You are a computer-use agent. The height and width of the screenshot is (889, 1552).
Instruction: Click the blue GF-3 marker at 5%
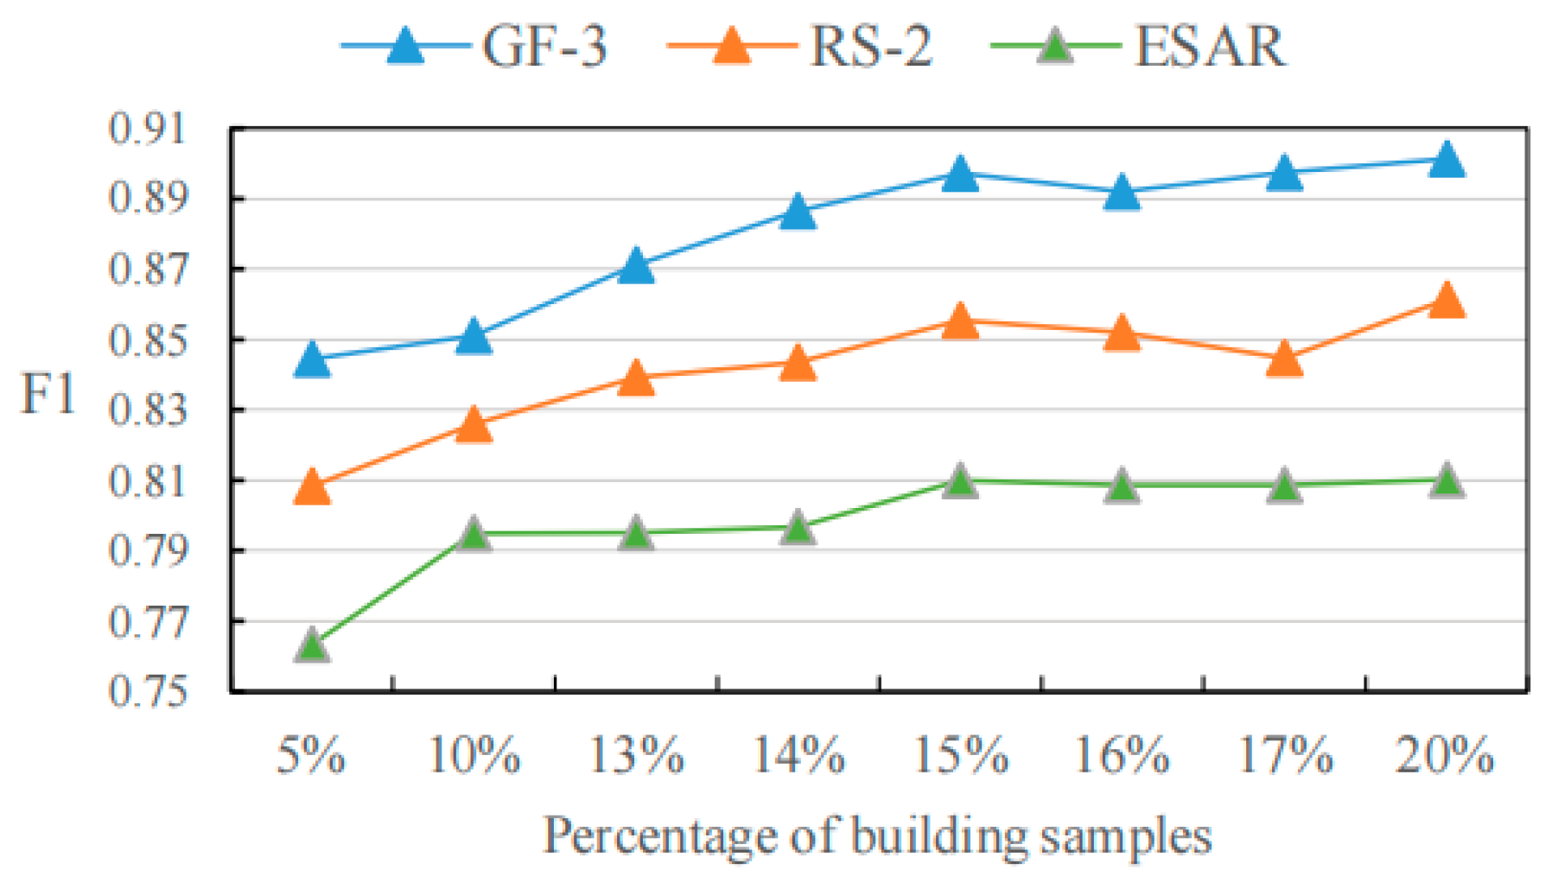(x=312, y=359)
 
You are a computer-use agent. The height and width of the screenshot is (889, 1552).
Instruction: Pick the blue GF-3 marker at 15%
(x=960, y=174)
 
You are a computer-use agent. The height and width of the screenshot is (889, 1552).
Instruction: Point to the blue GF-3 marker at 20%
(x=1447, y=161)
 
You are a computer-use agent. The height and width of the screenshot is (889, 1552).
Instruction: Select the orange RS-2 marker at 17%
(x=1284, y=359)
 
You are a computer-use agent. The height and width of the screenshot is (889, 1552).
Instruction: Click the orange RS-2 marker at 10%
(x=474, y=425)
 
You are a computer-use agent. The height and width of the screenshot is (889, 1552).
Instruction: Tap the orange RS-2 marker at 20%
(x=1447, y=302)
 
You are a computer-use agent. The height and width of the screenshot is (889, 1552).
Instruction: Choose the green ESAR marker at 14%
(x=798, y=528)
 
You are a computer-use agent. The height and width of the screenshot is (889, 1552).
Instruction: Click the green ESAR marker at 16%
(x=1122, y=486)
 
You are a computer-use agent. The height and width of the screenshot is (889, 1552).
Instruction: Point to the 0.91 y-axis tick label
(x=148, y=129)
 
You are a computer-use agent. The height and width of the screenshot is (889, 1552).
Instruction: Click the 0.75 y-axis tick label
(x=148, y=691)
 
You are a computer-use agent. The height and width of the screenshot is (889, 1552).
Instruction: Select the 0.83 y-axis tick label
(x=148, y=410)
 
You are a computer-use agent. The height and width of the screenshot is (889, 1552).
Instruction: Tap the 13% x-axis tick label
(x=637, y=755)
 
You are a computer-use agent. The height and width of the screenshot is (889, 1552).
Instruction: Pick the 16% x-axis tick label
(x=1122, y=755)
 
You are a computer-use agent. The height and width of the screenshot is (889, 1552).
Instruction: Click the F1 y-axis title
(x=48, y=395)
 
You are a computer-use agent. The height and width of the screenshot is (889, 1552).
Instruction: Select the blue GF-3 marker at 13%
(x=636, y=266)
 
